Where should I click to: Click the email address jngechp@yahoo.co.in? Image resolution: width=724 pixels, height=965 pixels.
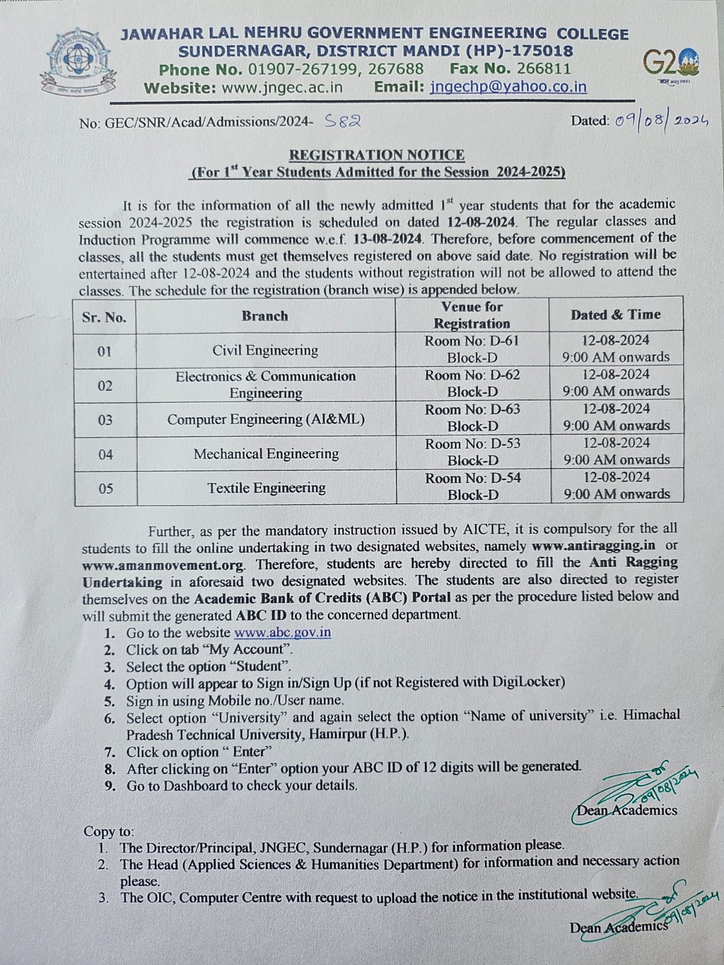point(509,87)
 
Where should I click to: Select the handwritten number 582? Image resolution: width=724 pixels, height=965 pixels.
point(343,121)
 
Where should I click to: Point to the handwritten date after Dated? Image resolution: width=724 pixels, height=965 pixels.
point(661,121)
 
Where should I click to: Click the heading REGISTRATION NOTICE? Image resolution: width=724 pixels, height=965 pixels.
point(377,155)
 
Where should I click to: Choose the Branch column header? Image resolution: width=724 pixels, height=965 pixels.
point(265,316)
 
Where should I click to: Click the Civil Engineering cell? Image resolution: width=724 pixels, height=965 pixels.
point(265,350)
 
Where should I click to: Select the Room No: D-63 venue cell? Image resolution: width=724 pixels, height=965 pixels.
point(472,418)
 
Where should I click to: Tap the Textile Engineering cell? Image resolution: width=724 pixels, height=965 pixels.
point(266,488)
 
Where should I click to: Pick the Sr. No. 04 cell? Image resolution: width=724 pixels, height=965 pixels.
point(106,454)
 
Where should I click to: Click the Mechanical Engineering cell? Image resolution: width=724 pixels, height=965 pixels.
point(266,454)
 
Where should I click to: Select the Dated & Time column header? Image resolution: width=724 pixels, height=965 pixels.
point(615,315)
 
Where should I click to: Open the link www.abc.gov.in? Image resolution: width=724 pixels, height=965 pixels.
point(282,633)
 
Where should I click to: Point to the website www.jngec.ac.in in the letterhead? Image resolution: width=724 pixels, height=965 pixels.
point(282,87)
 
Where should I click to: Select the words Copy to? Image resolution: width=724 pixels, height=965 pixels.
point(109,831)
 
